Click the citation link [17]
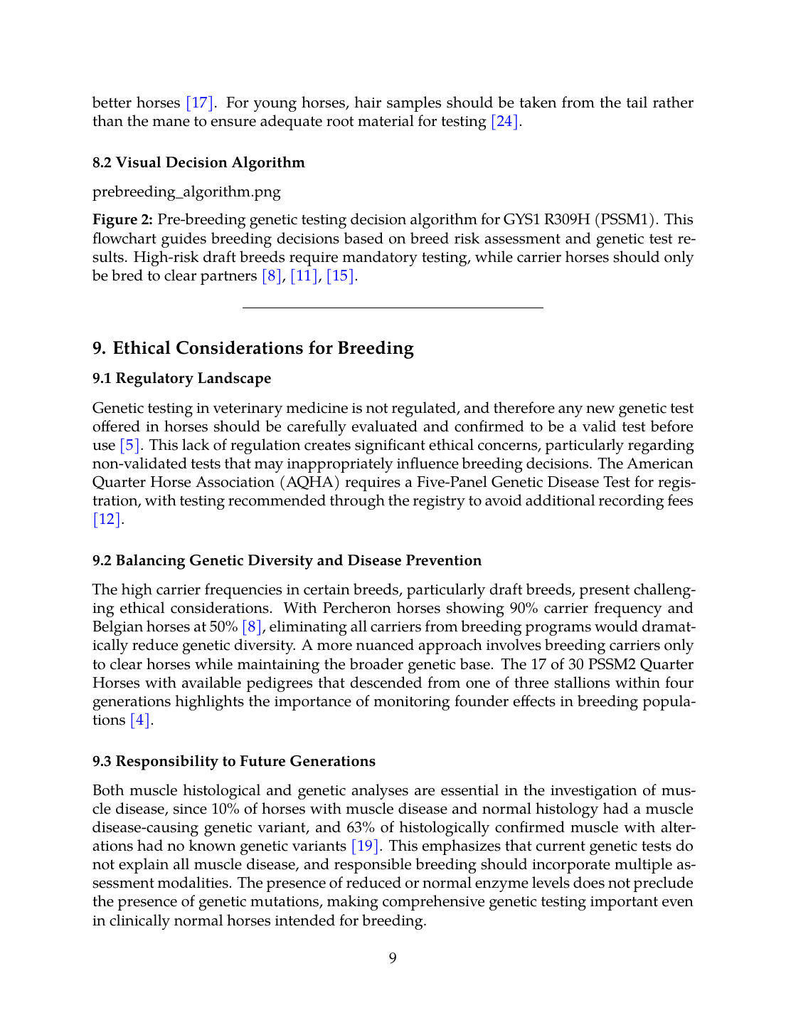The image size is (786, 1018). (199, 103)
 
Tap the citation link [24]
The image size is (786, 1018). (504, 121)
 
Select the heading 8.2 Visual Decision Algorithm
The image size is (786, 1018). (198, 162)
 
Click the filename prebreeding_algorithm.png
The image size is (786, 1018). (186, 191)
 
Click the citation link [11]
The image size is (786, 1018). (304, 276)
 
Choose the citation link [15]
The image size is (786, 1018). (340, 276)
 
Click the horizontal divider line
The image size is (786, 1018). (393, 308)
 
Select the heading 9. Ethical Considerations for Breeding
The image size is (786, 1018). (253, 348)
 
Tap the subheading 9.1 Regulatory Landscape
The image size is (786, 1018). (181, 378)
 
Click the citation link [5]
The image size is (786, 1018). (130, 445)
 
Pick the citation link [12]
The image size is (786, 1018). (107, 519)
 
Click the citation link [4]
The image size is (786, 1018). (140, 720)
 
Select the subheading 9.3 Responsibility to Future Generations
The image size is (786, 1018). (234, 761)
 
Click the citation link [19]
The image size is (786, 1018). (366, 846)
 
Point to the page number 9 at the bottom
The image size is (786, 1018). (393, 957)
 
